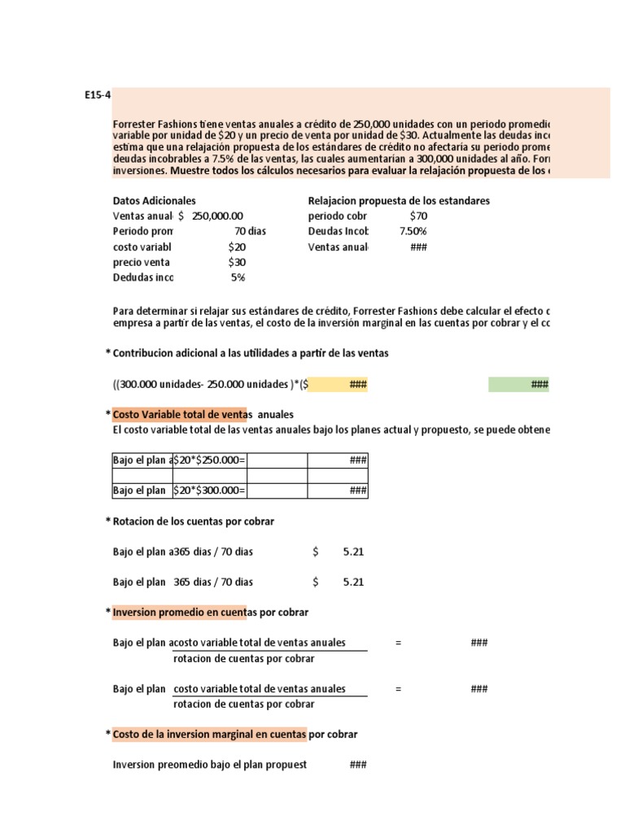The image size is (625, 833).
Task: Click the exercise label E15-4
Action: (97, 94)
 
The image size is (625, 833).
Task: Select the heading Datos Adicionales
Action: (154, 201)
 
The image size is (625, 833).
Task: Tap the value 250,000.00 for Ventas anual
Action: (217, 216)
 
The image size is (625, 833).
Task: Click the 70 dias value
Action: (250, 231)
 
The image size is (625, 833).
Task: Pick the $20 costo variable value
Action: (237, 246)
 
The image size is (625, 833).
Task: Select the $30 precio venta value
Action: (237, 262)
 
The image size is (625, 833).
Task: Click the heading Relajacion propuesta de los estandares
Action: (399, 201)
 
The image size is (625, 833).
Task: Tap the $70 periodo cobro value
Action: (419, 216)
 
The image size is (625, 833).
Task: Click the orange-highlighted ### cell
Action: (338, 385)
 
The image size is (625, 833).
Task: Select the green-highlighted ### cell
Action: (518, 385)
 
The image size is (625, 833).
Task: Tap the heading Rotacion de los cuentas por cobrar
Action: (193, 521)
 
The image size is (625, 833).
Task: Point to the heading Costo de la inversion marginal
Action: (210, 735)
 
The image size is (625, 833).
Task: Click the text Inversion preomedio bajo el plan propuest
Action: (210, 765)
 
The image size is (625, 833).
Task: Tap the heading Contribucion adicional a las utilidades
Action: (251, 354)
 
